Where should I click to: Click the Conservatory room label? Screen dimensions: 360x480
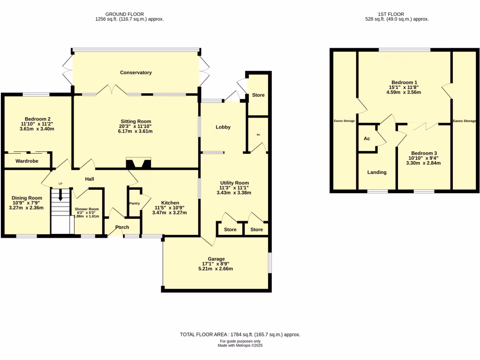pos(136,73)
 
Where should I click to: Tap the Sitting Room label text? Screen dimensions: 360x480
pos(135,121)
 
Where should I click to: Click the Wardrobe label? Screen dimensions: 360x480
pos(27,161)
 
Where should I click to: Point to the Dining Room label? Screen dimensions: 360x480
pos(26,198)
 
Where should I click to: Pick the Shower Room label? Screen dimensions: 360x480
pos(87,209)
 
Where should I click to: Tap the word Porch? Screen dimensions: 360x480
pos(122,227)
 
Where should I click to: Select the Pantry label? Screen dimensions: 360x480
pos(135,203)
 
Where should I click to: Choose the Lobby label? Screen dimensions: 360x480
pos(223,127)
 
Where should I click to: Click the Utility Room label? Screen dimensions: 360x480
pos(234,183)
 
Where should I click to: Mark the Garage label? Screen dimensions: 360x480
pos(217,259)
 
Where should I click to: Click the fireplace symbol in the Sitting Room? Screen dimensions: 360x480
pos(139,163)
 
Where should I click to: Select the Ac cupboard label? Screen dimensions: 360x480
pos(367,139)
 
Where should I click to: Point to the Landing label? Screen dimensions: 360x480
pos(377,172)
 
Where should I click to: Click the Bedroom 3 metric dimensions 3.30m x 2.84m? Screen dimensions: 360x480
pos(424,164)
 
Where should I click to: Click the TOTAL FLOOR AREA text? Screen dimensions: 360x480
pos(240,335)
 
